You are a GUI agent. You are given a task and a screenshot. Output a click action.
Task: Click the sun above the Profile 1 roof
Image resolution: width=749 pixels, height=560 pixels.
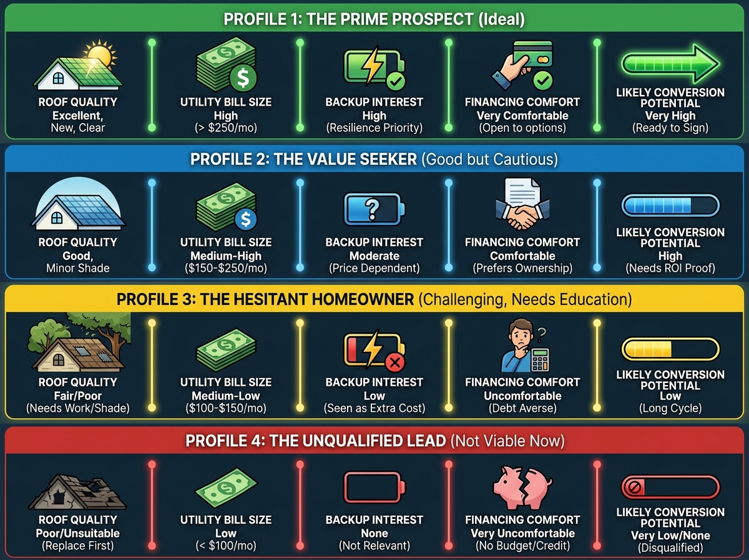coord(100,54)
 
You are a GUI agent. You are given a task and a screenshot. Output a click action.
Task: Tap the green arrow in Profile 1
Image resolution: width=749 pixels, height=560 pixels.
coord(670,64)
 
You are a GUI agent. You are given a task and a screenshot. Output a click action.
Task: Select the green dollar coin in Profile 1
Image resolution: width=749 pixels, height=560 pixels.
coord(243,77)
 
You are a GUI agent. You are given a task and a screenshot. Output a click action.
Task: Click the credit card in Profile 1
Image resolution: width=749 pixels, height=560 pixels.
coord(532,54)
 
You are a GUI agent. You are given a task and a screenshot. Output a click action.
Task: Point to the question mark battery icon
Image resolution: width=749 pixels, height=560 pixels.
coord(374,209)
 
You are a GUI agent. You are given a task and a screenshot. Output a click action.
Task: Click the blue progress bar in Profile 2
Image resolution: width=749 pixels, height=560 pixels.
coord(670,206)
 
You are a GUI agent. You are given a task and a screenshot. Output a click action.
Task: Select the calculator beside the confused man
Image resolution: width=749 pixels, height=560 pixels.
coord(540,360)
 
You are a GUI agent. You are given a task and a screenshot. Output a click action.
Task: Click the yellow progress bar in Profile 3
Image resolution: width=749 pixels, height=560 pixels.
coord(670,349)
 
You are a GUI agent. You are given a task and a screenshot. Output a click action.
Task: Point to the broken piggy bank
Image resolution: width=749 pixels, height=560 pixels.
coord(522,488)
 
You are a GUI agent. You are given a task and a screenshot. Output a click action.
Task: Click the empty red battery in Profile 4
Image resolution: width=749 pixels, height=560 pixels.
coord(374,487)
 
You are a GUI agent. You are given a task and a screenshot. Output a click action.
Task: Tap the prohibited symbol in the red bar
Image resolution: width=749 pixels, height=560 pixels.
coord(635,487)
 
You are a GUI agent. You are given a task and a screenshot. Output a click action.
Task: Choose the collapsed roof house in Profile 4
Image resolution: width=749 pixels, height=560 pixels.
coord(78,491)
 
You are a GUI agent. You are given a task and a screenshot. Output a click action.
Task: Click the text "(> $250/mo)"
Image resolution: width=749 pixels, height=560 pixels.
coord(226,127)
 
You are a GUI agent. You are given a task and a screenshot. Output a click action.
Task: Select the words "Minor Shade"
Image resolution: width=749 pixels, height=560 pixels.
coord(78,268)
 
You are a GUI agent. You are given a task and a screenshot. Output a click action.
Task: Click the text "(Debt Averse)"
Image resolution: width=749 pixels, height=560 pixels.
coord(522,408)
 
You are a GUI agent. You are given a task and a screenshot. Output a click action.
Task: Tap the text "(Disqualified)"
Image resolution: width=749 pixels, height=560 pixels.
coord(670,548)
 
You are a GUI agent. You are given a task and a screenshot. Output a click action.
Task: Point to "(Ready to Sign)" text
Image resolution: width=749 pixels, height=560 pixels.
coord(670,127)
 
